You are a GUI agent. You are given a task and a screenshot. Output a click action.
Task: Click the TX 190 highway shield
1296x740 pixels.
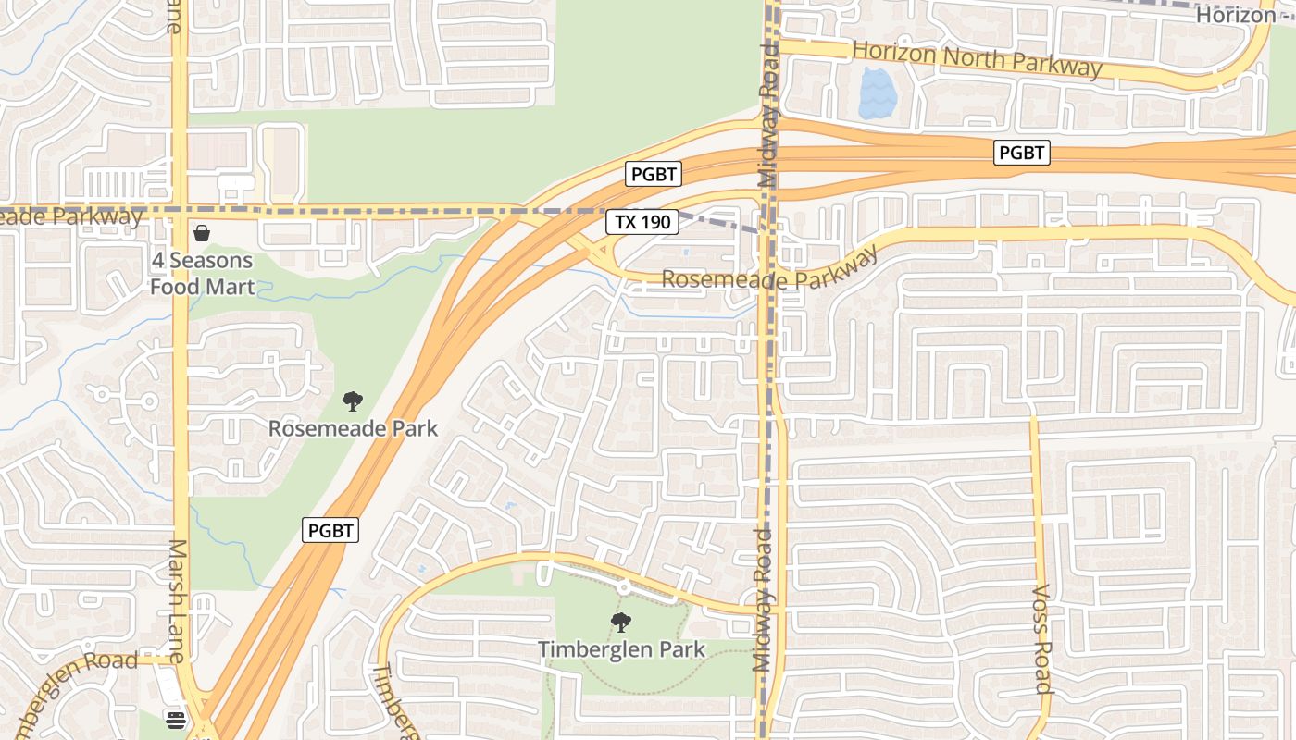point(643,222)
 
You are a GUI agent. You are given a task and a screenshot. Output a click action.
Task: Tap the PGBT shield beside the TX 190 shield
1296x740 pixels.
point(654,174)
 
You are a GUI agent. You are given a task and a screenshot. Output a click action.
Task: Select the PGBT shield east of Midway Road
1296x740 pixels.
point(1022,153)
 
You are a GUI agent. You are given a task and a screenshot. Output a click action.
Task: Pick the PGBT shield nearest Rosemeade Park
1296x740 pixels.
point(330,530)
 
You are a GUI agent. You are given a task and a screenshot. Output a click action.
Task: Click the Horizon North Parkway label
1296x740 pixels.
point(977,57)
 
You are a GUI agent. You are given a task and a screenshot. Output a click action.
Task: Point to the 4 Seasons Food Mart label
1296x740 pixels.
point(203,274)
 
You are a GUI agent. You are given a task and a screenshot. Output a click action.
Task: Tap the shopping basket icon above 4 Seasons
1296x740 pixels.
point(202,233)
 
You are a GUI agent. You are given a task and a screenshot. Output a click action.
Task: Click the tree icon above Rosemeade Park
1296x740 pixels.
point(352,401)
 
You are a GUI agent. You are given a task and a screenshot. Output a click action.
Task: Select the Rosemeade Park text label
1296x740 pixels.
point(353,429)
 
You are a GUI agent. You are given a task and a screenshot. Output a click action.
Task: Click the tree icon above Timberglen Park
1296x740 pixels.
point(621,623)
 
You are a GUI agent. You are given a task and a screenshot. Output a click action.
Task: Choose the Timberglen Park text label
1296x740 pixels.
point(621,650)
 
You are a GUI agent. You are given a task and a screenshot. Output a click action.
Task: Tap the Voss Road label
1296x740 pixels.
point(1042,638)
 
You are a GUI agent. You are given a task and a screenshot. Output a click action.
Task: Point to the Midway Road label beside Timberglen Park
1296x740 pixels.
point(762,599)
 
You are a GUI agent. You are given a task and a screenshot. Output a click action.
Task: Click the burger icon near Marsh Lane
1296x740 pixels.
point(176,718)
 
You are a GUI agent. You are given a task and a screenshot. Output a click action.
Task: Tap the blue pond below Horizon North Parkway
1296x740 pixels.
point(877,94)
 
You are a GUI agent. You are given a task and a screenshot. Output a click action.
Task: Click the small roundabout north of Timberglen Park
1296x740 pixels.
point(624,586)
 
